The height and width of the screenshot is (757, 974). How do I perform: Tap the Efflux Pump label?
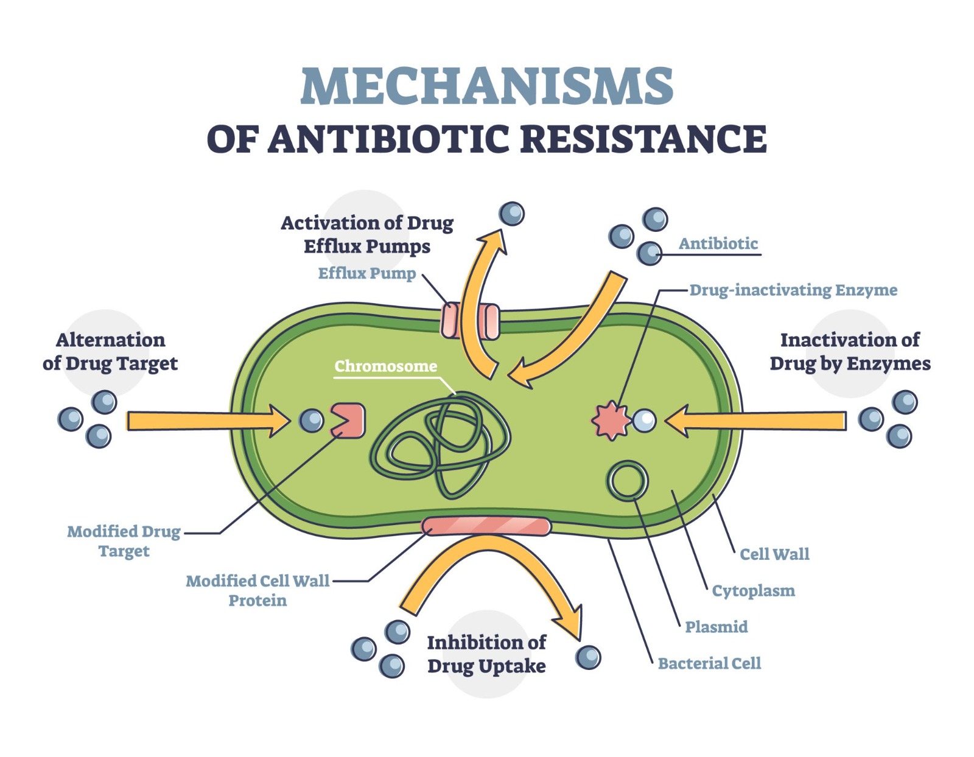[x=367, y=273]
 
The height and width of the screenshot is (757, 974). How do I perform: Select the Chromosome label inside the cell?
[x=386, y=366]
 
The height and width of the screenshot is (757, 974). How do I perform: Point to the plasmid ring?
[x=627, y=481]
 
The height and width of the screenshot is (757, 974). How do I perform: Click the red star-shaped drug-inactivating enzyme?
[x=611, y=420]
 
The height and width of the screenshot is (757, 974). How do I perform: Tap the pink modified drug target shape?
[x=349, y=420]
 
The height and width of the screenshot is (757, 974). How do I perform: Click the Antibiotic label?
[x=718, y=244]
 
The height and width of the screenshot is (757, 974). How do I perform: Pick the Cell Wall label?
[x=774, y=554]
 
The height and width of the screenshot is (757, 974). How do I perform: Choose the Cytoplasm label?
[x=754, y=591]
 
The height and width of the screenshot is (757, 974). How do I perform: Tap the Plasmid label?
[x=716, y=627]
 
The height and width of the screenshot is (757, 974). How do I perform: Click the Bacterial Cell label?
[x=709, y=663]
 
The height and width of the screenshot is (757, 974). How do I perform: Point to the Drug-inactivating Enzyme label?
[x=793, y=290]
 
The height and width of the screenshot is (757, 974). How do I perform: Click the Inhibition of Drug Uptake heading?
[x=486, y=654]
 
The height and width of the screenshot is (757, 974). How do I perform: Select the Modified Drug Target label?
[x=124, y=541]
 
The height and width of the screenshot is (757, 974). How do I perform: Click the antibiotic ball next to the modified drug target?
[x=312, y=420]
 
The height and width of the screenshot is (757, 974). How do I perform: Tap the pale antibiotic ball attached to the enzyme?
[x=644, y=420]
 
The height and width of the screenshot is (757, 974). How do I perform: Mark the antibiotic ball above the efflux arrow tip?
[x=512, y=214]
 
